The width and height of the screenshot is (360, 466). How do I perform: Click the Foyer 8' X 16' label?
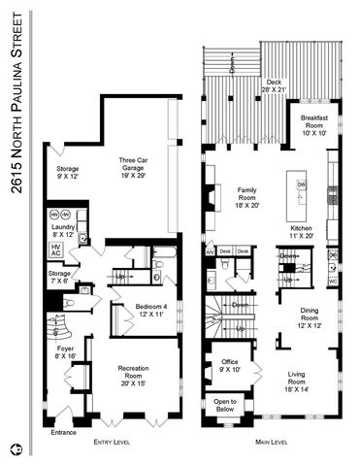pyautogui.click(x=64, y=350)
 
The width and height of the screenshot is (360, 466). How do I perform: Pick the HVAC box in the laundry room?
pyautogui.click(x=55, y=250)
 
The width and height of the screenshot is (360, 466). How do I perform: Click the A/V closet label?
pyautogui.click(x=210, y=251)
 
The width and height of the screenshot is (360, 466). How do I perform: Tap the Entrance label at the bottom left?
pyautogui.click(x=63, y=432)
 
